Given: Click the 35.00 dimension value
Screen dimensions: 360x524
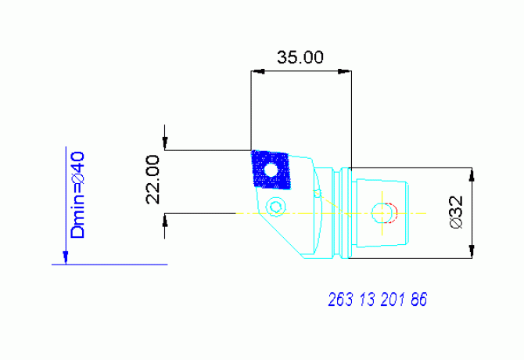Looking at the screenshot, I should click(x=300, y=57).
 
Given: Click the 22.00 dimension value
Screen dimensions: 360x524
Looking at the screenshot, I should click(x=153, y=179).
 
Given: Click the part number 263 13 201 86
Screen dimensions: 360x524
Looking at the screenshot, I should click(x=378, y=300).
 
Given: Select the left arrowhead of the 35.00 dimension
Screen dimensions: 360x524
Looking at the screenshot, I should click(x=257, y=71).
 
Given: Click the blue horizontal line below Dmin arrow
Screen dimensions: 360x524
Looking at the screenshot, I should click(x=109, y=265).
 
